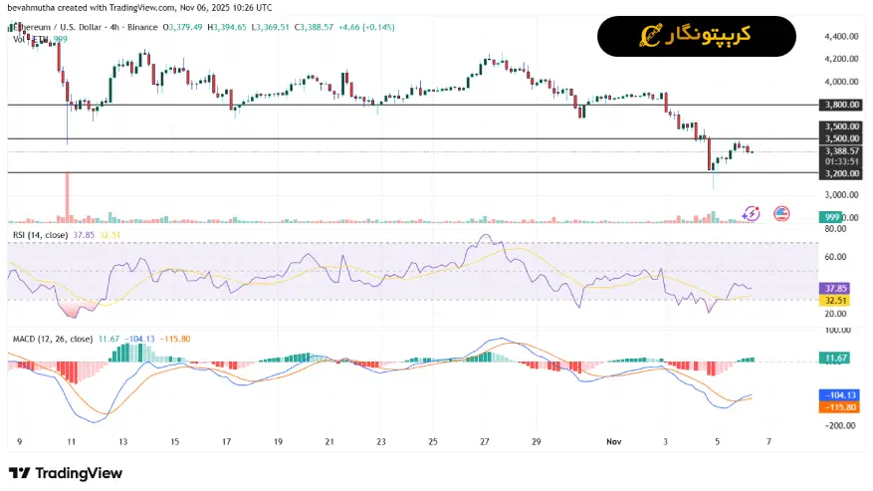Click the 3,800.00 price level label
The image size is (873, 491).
click(841, 105)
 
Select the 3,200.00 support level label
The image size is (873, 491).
click(841, 173)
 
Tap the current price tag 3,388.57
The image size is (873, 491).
click(841, 151)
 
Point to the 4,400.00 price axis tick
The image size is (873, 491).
click(841, 36)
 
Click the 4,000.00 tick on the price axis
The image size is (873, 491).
click(841, 82)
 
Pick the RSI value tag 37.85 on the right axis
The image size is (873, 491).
click(834, 289)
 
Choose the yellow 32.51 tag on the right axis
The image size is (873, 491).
click(834, 300)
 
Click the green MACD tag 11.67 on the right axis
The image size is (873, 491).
click(834, 357)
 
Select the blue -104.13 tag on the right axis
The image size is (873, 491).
click(834, 395)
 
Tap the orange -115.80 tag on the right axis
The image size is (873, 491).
click(834, 406)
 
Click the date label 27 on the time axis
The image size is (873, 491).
click(485, 440)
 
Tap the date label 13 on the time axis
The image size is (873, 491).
click(122, 440)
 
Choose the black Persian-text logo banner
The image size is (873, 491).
click(696, 36)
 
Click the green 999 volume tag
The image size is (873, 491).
click(832, 217)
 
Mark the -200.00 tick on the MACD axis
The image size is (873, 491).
click(839, 425)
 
